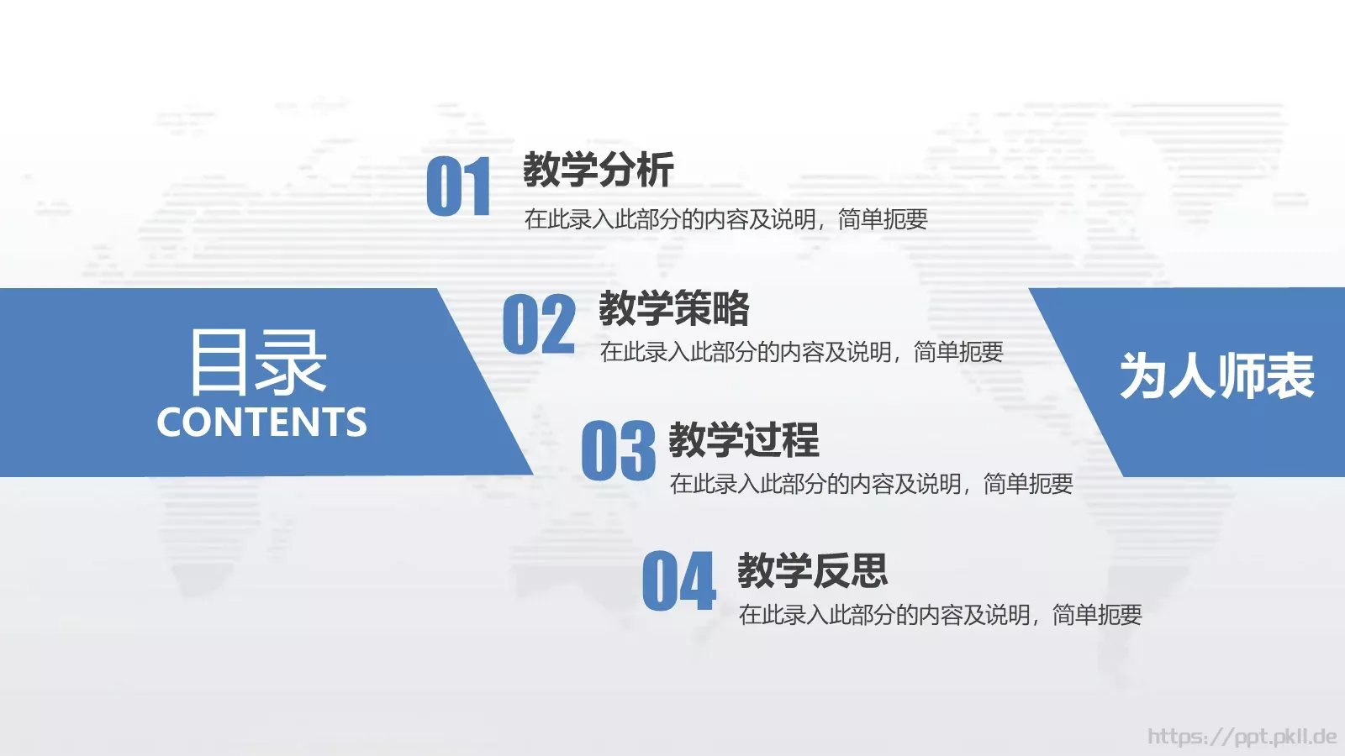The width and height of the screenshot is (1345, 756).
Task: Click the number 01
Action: (458, 186)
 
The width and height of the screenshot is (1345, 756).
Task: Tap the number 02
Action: (539, 324)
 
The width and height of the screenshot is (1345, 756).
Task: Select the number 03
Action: (618, 451)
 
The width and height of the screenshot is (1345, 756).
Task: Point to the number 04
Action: (678, 580)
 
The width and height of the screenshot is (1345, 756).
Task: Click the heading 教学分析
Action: (599, 170)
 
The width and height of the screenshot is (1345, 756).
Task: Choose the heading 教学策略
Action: (673, 308)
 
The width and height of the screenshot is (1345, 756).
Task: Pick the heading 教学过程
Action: (743, 440)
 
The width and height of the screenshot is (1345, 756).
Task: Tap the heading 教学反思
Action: (812, 571)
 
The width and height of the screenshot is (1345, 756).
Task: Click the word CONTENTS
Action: (261, 423)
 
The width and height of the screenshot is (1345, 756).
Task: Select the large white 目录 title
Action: (258, 362)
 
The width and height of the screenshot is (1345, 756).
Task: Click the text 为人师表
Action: (1216, 375)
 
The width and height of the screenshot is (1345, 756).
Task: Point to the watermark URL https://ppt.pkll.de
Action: (1242, 737)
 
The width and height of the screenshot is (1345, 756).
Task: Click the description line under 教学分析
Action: (725, 219)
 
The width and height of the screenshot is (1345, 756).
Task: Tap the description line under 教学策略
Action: (801, 352)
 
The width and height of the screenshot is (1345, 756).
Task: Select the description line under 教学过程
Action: (871, 484)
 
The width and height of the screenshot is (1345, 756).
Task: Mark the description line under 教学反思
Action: (940, 615)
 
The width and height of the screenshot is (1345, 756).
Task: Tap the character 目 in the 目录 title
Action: (219, 362)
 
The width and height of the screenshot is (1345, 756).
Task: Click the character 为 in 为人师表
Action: (1143, 375)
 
